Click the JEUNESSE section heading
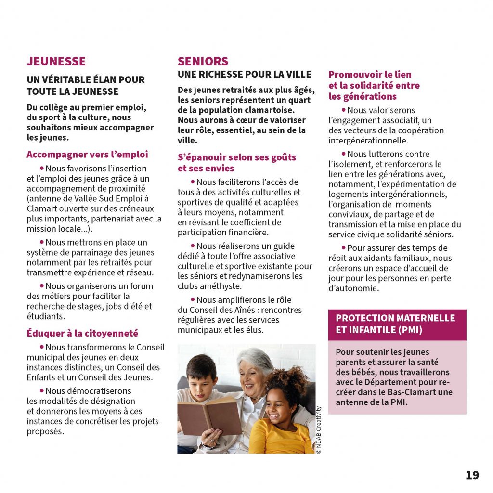click(x=56, y=62)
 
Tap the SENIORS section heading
click(x=203, y=62)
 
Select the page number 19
click(x=472, y=475)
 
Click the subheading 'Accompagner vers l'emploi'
click(x=87, y=155)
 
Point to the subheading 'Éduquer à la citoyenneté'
click(x=82, y=333)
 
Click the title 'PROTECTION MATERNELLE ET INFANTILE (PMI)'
click(x=395, y=324)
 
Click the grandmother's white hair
click(x=256, y=359)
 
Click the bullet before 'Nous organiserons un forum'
click(x=42, y=285)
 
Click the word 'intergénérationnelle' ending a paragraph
click(x=368, y=141)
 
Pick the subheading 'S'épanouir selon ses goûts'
click(x=237, y=157)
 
